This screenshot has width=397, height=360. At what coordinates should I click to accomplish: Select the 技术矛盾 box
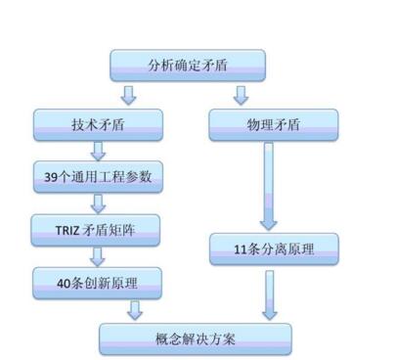point(97,123)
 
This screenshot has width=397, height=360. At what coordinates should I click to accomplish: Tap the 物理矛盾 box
point(273,123)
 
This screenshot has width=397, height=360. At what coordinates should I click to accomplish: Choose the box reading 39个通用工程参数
point(97,177)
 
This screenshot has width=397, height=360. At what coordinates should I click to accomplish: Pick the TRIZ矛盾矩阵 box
point(97,230)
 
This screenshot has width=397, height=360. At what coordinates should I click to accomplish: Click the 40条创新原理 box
point(97,284)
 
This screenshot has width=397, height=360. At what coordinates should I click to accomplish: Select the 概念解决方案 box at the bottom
point(196,338)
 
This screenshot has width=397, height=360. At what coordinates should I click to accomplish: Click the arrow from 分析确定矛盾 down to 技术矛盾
point(128,95)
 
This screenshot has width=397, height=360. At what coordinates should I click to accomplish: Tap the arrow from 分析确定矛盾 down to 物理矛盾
point(241,95)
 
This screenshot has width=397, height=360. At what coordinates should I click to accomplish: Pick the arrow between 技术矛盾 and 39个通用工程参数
point(98,150)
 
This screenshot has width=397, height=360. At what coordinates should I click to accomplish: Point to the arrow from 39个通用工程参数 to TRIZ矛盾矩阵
point(98,203)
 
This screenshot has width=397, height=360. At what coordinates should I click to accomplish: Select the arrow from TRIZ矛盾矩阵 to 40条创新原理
point(98,257)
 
